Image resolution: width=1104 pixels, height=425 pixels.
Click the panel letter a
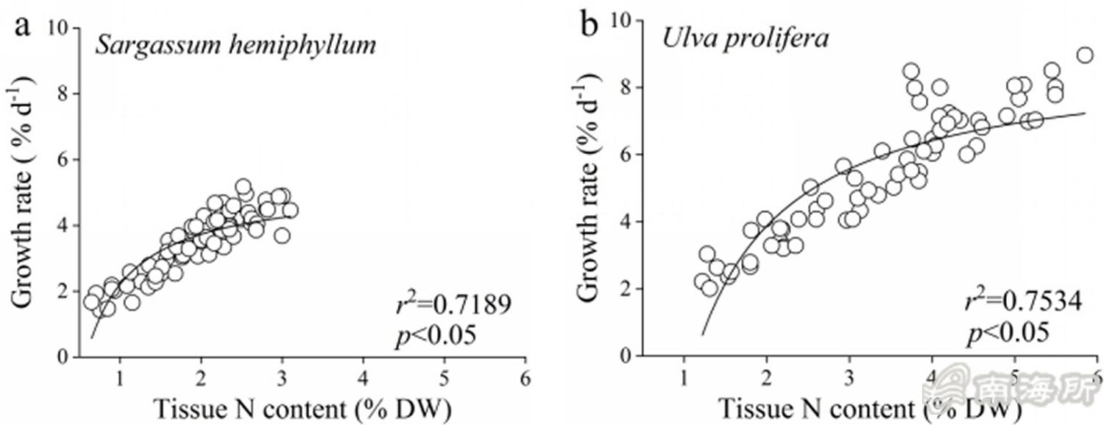(x=25, y=27)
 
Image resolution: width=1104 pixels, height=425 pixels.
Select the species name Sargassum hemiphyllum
(x=236, y=46)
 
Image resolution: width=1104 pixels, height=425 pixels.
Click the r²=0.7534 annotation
(x=1024, y=301)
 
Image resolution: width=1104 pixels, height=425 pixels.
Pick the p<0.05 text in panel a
(x=436, y=334)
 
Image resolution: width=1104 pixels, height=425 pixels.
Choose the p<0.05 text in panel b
(x=1007, y=332)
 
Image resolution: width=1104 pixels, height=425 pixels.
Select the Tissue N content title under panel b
(x=868, y=407)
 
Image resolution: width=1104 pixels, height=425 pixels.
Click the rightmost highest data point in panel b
(x=1084, y=55)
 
